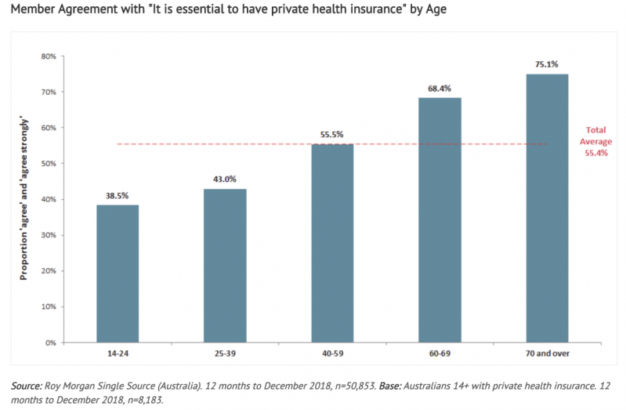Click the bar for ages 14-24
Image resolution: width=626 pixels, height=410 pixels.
point(118,273)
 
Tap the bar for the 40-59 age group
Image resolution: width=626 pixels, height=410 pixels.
point(332,243)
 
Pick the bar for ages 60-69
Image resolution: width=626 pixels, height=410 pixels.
point(440,220)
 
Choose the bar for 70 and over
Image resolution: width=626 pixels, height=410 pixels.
point(546,208)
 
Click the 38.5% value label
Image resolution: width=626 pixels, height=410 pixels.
point(118,196)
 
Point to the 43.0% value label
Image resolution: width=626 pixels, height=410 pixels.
point(225,180)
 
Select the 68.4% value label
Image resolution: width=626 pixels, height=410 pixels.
point(440,89)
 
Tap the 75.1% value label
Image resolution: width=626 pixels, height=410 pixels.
point(546,65)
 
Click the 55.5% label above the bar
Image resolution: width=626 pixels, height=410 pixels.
point(332,135)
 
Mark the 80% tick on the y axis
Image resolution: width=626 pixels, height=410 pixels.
point(48,56)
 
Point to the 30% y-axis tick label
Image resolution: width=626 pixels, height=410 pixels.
point(48,235)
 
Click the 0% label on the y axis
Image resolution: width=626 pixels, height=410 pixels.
point(50,343)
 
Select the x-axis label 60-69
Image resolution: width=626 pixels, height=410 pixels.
point(440,354)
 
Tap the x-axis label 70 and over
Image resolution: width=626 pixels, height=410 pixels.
point(546,354)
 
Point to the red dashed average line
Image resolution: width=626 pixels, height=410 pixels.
point(196,144)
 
